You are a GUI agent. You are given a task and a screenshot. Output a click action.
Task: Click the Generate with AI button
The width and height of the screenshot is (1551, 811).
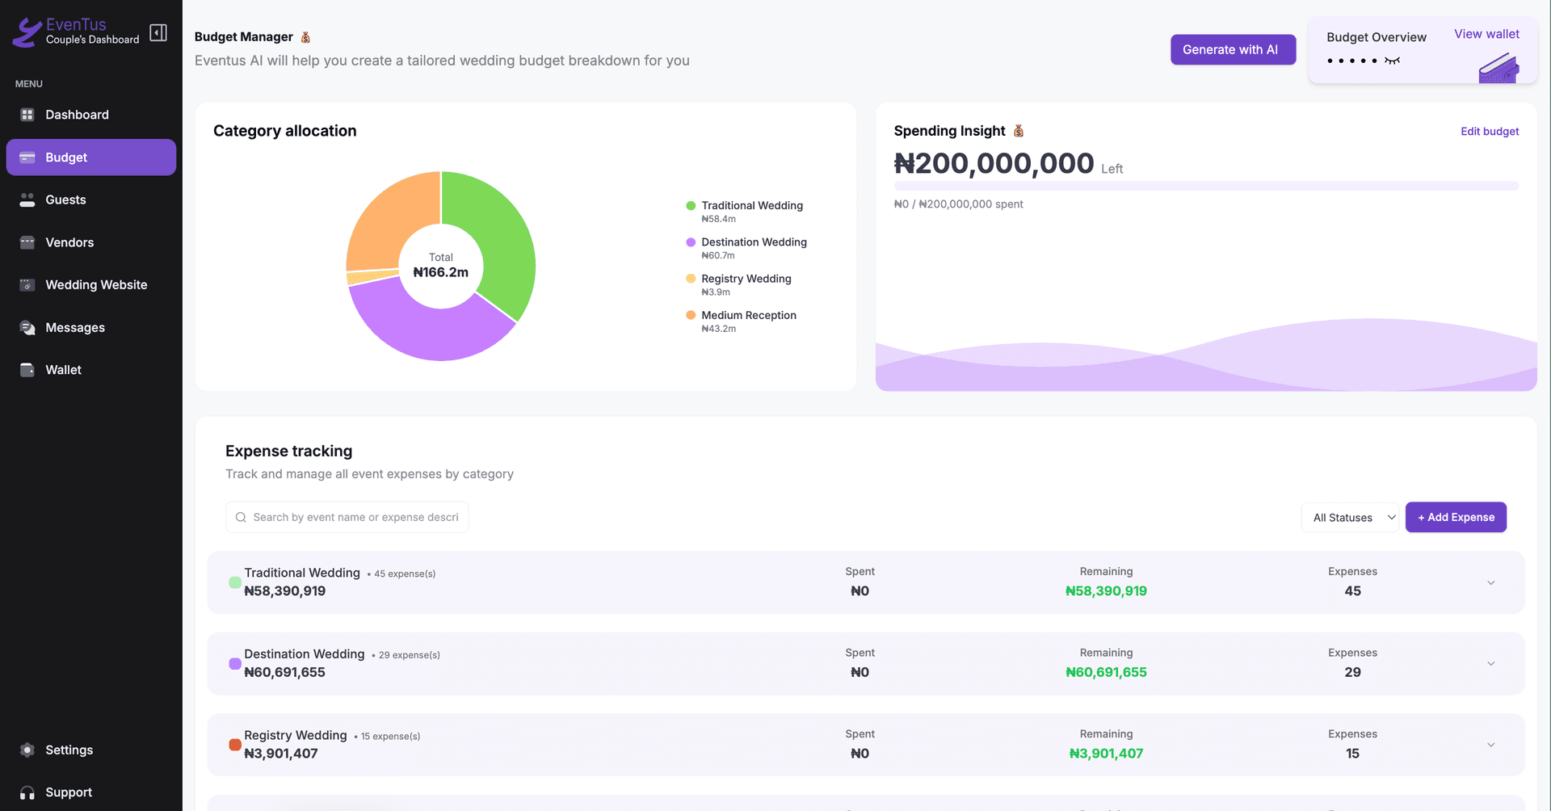[x=1233, y=49]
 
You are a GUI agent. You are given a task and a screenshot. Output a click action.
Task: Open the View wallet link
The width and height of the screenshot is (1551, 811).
[x=1486, y=34]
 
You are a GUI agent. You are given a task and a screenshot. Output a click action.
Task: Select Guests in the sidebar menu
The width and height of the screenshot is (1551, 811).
[x=65, y=200]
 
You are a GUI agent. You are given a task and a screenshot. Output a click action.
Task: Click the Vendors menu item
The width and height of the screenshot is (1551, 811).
[x=69, y=242]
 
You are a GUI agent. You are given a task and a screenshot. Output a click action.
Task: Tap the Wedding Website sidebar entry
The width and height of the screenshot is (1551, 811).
[x=96, y=285]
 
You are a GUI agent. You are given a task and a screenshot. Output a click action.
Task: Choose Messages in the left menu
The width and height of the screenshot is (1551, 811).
[x=75, y=327]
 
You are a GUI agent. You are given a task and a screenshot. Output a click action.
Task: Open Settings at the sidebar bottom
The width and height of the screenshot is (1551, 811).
[x=69, y=750]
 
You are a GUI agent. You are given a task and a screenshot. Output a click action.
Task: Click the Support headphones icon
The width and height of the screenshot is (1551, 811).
[x=27, y=792]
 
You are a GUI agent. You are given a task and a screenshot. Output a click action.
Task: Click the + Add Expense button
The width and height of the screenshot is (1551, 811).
[x=1456, y=517]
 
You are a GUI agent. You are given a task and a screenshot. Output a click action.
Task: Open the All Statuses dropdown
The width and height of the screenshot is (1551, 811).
[x=1350, y=518]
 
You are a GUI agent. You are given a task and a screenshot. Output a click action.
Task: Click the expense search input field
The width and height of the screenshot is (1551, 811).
[x=355, y=517]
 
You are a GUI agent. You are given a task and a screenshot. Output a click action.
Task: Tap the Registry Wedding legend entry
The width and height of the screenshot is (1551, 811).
[x=746, y=279]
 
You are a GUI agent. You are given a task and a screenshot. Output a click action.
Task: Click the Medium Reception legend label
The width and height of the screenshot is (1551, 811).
[x=748, y=315]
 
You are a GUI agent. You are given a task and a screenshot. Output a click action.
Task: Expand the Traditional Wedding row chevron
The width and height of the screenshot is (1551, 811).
[x=1491, y=582]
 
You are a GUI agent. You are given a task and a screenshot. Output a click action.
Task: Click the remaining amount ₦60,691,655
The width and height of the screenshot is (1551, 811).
[x=1106, y=672]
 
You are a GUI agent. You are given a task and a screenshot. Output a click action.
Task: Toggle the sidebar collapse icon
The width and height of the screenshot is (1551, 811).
[x=158, y=32]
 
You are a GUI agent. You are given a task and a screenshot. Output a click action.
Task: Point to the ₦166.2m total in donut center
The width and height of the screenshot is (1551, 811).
[x=441, y=272]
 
